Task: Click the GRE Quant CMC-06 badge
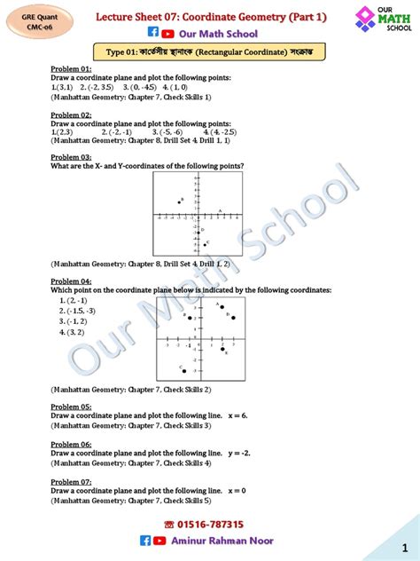click(30, 20)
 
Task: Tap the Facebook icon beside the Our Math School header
click(152, 34)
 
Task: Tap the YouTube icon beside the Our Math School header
click(167, 34)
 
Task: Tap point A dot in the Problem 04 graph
click(221, 308)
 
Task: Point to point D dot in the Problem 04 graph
click(233, 318)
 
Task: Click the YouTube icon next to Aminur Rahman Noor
click(159, 540)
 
